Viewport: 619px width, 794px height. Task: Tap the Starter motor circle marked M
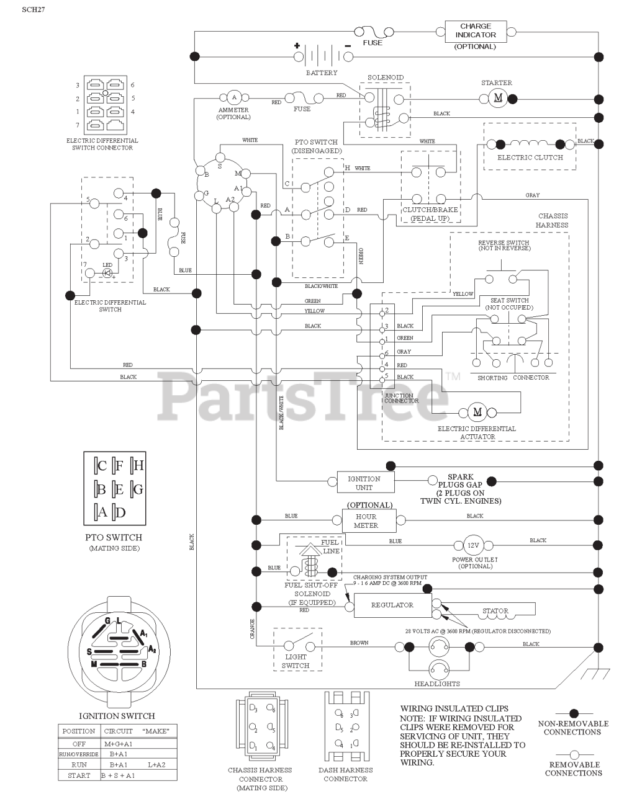pyautogui.click(x=497, y=97)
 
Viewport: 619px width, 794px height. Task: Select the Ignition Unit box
pyautogui.click(x=364, y=483)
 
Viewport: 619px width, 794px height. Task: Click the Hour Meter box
pyautogui.click(x=366, y=520)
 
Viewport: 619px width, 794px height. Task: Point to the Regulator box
pyautogui.click(x=392, y=605)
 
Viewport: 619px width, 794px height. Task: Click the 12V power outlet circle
pyautogui.click(x=474, y=545)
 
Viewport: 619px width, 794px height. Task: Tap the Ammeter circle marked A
pyautogui.click(x=234, y=97)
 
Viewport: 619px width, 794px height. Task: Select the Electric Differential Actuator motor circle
pyautogui.click(x=477, y=412)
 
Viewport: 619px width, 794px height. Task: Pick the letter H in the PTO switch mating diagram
pyautogui.click(x=138, y=465)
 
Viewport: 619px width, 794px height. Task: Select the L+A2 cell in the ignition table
pyautogui.click(x=156, y=765)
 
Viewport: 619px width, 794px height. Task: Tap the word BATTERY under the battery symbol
pyautogui.click(x=322, y=73)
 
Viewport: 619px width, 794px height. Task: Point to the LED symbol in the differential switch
pyautogui.click(x=107, y=272)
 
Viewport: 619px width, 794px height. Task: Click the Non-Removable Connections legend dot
pyautogui.click(x=574, y=714)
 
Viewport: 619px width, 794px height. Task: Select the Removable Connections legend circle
pyautogui.click(x=574, y=754)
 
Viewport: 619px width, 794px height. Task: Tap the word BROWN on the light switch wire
pyautogui.click(x=359, y=643)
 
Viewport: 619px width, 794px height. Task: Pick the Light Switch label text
pyautogui.click(x=296, y=661)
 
